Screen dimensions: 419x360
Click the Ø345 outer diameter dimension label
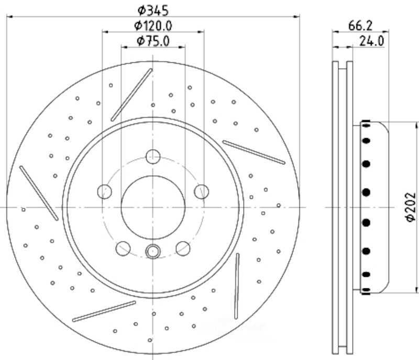click(153, 10)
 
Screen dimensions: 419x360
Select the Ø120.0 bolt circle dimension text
click(153, 26)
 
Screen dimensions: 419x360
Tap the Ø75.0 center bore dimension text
click(153, 41)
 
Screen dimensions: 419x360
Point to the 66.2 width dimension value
click(360, 26)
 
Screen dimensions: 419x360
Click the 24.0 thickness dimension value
click(371, 41)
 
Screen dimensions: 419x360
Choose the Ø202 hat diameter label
click(411, 207)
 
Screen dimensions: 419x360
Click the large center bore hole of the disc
click(153, 208)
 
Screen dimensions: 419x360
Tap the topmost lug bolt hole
click(153, 156)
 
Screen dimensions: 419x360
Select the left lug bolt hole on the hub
click(104, 192)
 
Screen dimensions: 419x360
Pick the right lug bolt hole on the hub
click(202, 192)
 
